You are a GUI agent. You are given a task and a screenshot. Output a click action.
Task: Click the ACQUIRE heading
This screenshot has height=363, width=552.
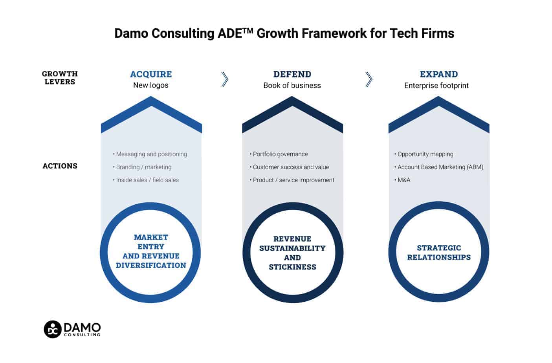(x=151, y=74)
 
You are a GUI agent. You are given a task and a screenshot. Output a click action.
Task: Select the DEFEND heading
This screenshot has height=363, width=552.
(x=292, y=74)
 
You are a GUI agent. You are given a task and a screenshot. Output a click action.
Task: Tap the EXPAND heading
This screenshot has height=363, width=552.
(x=439, y=74)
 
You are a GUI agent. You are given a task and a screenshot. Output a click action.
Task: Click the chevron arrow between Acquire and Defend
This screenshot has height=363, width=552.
(x=225, y=79)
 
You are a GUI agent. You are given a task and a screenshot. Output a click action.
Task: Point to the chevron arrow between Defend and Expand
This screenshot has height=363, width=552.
(x=369, y=79)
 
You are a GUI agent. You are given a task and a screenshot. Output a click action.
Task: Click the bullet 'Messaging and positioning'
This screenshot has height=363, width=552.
(x=150, y=154)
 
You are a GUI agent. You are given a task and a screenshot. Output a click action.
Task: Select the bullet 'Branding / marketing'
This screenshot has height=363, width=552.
(x=142, y=167)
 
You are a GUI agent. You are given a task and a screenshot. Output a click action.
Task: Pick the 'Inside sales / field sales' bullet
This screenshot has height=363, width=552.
(x=146, y=180)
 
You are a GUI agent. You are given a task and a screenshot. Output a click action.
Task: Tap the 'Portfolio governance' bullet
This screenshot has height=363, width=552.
(x=279, y=154)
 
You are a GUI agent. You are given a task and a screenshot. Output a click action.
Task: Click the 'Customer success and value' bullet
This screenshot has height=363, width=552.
(x=289, y=167)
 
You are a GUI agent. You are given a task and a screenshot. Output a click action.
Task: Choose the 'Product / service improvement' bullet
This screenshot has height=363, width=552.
(x=292, y=180)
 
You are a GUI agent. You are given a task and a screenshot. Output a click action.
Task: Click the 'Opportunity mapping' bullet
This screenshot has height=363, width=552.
(x=424, y=154)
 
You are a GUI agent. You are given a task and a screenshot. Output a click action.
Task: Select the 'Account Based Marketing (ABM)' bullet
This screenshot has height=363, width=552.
(x=438, y=167)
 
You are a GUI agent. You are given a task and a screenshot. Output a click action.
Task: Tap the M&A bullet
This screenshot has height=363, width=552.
(x=402, y=180)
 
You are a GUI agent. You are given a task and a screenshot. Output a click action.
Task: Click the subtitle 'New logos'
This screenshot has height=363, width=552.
(x=151, y=85)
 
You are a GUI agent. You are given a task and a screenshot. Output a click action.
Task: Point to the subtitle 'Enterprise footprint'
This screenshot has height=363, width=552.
(x=436, y=86)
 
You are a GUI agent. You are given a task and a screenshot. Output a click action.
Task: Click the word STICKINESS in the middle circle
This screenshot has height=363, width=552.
(x=293, y=267)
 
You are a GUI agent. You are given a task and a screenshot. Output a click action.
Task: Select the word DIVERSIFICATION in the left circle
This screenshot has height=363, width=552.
(x=151, y=266)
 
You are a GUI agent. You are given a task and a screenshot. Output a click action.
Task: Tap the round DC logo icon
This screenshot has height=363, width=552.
(x=53, y=330)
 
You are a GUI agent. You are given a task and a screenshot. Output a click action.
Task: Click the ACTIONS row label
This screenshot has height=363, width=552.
(x=60, y=166)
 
